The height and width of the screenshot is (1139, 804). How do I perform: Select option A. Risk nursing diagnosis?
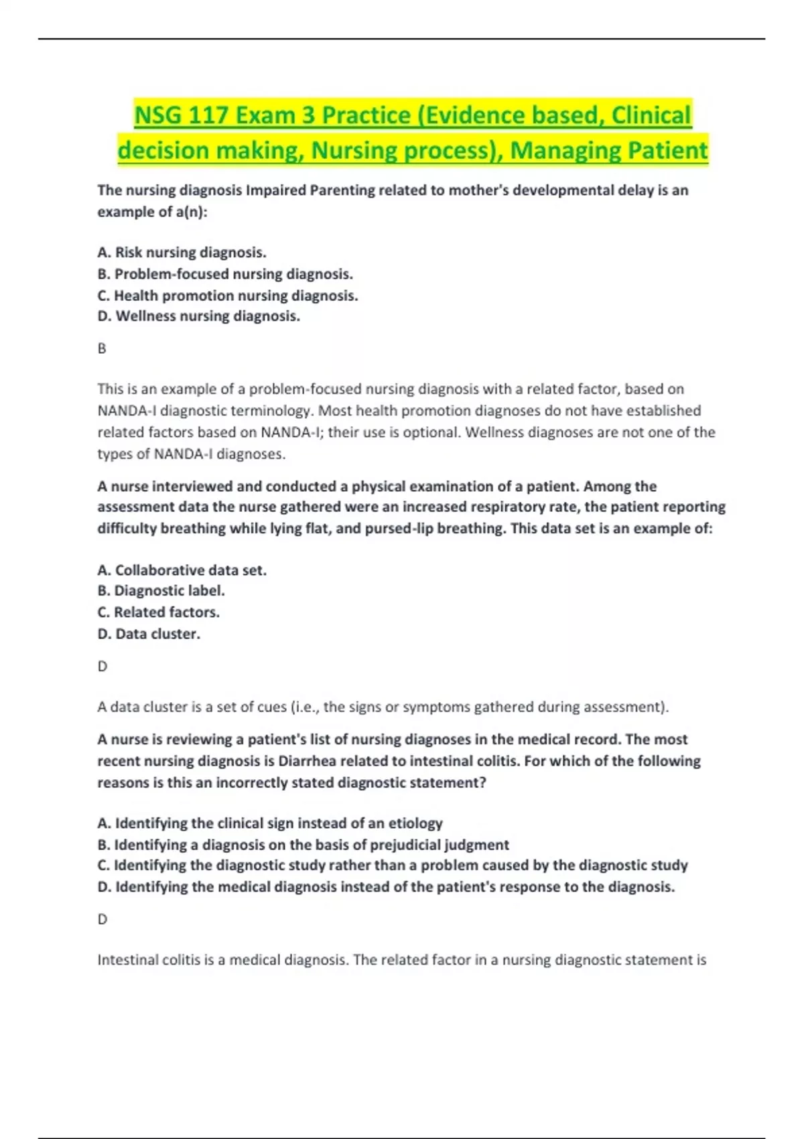182,253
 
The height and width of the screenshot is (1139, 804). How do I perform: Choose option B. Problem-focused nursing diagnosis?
225,274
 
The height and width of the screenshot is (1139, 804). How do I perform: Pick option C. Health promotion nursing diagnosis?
228,295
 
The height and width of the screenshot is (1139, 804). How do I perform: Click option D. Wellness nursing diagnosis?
198,316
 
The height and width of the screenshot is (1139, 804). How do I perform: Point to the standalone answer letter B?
102,348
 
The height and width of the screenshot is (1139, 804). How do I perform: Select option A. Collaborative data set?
182,570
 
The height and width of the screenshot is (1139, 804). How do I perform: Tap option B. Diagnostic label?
161,591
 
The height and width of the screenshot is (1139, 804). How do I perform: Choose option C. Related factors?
158,612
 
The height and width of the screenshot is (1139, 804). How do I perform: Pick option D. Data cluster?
149,634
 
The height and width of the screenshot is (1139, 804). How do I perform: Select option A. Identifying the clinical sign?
270,823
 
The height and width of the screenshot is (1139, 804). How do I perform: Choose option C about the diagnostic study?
393,866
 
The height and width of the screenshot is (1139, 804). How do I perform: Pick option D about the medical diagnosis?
386,887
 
